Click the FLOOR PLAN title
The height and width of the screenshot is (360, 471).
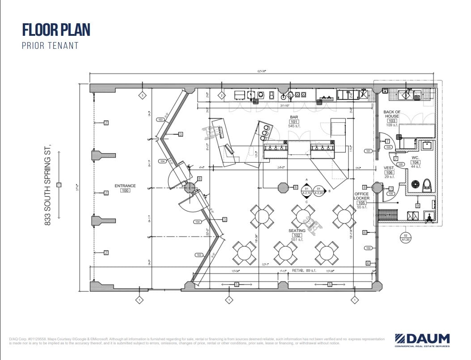pyautogui.click(x=56, y=30)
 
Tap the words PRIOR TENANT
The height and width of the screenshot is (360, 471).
pyautogui.click(x=50, y=46)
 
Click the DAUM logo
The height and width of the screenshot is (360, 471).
pyautogui.click(x=422, y=339)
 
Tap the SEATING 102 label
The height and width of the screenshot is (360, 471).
pyautogui.click(x=297, y=233)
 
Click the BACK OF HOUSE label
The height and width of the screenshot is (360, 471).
pyautogui.click(x=391, y=115)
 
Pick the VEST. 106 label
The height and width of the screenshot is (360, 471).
pyautogui.click(x=389, y=170)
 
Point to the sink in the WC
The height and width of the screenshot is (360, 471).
pyautogui.click(x=427, y=146)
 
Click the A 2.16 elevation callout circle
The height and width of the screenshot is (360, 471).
pyautogui.click(x=307, y=191)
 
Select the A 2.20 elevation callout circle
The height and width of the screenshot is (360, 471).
pyautogui.click(x=319, y=191)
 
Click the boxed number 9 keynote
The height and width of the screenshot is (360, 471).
pyautogui.click(x=417, y=206)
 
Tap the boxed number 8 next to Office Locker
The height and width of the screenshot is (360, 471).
pyautogui.click(x=365, y=187)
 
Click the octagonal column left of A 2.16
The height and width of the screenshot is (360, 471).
pyautogui.click(x=283, y=187)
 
